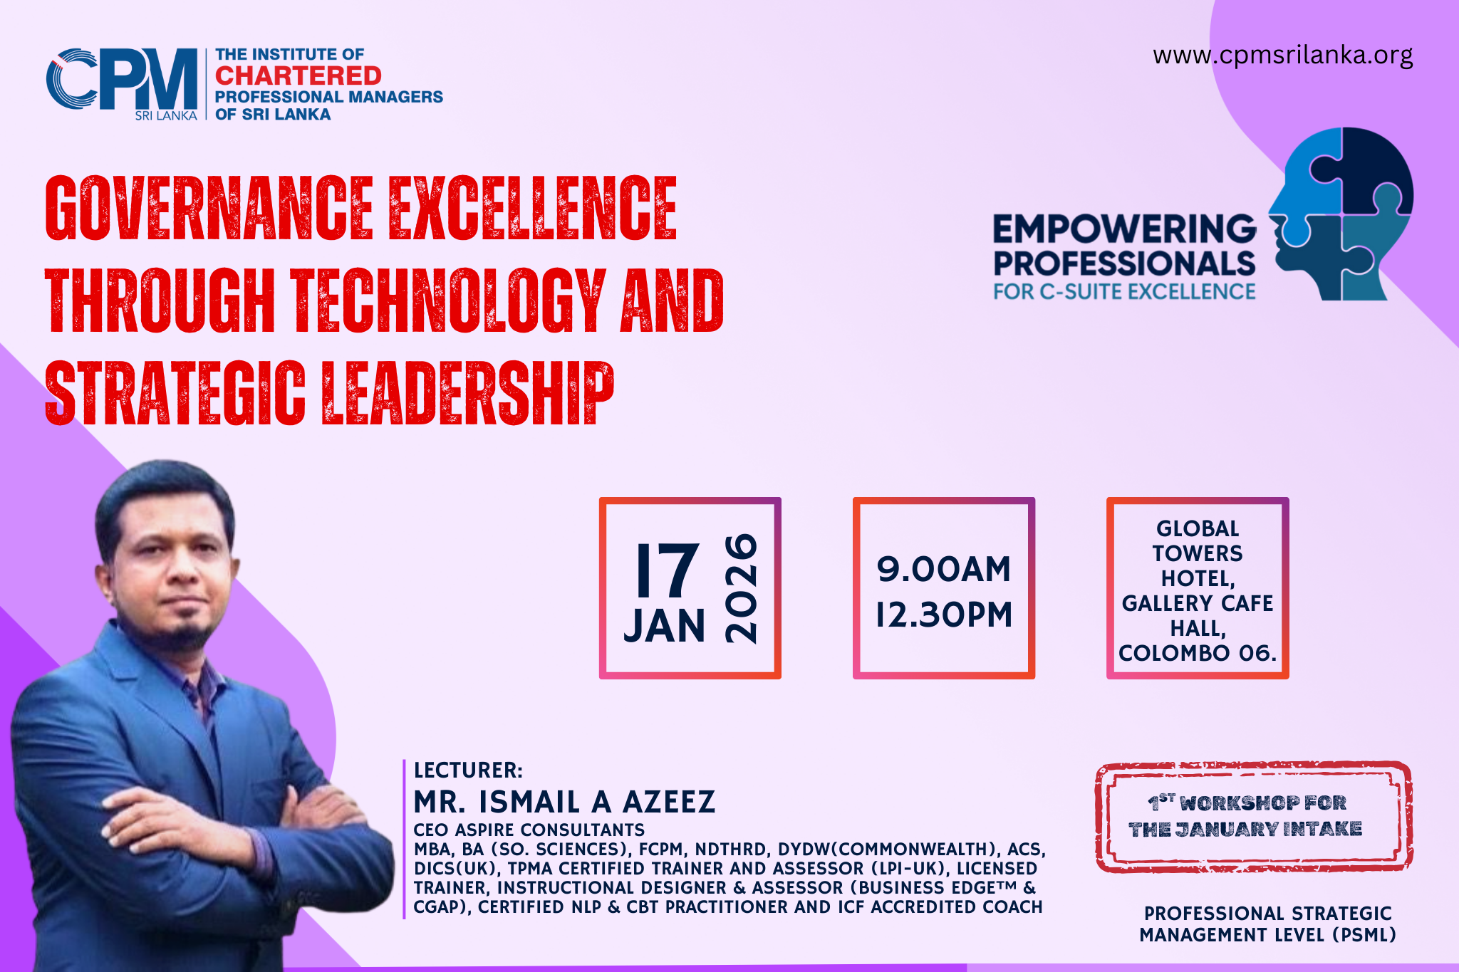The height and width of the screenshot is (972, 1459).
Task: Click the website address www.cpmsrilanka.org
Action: coord(1282,56)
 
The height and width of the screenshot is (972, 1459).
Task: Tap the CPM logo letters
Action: coord(122,79)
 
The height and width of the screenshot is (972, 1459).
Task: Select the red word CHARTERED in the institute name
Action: coord(298,75)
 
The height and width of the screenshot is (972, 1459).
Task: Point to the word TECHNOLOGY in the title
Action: coord(449,301)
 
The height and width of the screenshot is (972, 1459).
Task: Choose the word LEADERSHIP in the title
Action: coord(467,393)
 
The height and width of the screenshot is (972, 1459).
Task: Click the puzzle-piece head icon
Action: coord(1341,214)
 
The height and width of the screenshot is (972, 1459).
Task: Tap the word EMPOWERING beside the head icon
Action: coord(1125,229)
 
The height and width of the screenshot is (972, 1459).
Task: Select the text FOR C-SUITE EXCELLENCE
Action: coord(1125,292)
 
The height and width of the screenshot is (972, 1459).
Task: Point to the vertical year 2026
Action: coord(741,588)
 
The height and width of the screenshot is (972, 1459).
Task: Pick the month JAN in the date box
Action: coord(665,626)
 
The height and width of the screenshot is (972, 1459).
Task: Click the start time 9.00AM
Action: coord(944,569)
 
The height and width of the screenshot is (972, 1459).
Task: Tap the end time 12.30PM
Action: coord(944,615)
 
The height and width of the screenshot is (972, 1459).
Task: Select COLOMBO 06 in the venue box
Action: coord(1197,653)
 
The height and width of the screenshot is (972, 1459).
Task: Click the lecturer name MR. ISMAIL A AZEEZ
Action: coord(564,802)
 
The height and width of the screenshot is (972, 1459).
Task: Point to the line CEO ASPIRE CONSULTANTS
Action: coord(529,830)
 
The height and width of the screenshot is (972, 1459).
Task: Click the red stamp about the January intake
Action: coord(1254,817)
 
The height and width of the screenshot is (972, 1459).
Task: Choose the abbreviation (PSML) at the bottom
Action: coord(1364,935)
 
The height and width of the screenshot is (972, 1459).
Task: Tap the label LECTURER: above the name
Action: coord(468,770)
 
